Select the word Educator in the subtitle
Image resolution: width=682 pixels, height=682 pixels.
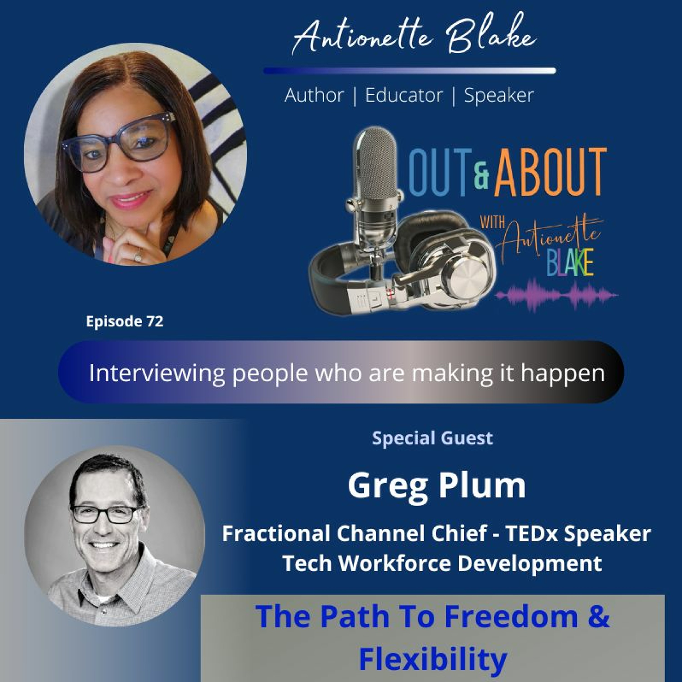[x=404, y=95]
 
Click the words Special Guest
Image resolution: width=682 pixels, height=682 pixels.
[x=432, y=438]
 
